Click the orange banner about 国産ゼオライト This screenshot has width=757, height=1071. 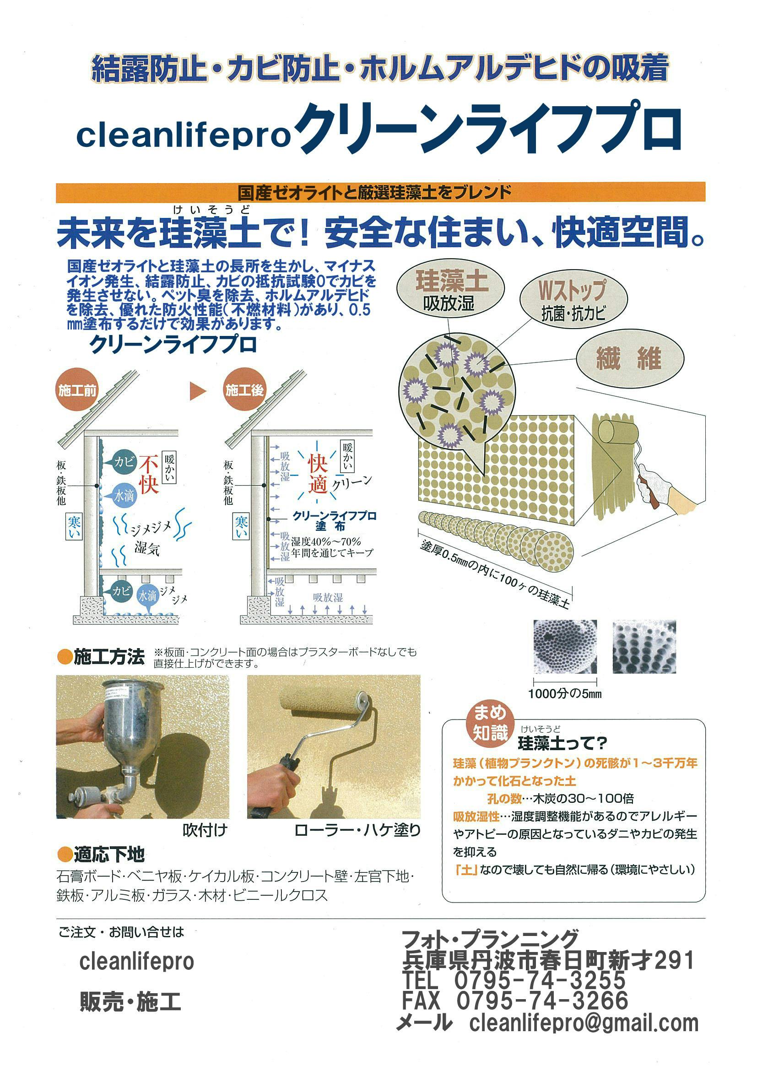click(x=380, y=192)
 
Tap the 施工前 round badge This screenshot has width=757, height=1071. click(x=77, y=390)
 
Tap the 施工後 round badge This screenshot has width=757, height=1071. click(x=244, y=390)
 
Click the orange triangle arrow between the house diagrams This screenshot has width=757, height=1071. click(x=197, y=391)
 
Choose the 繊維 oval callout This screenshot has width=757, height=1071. click(x=630, y=359)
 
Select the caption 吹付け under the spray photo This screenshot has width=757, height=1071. click(x=205, y=830)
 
